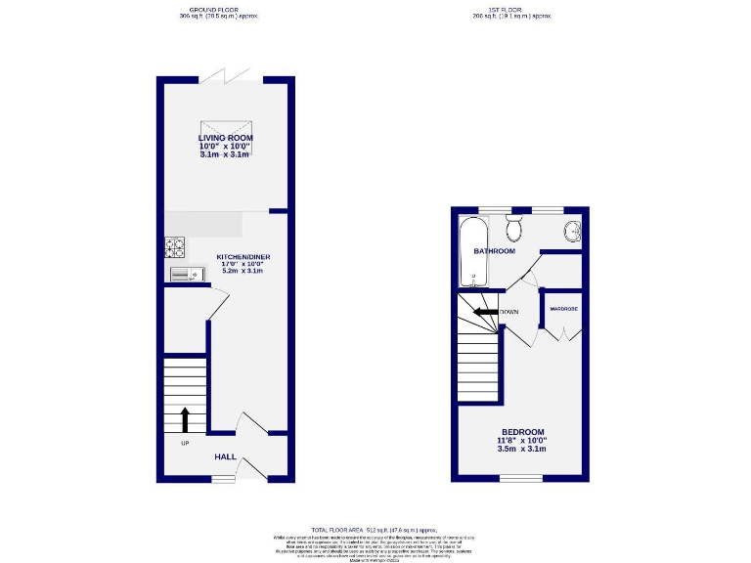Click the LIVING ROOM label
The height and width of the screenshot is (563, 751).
225,138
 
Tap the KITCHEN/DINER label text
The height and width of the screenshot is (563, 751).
243,257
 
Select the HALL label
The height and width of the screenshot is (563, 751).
225,455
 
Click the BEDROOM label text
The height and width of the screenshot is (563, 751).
523,432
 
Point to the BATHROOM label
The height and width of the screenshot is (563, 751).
494,251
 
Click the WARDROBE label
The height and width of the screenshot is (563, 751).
563,309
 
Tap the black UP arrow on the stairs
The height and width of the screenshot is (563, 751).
185,419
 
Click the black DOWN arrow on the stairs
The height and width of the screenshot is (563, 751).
485,313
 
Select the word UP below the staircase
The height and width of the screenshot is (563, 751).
184,443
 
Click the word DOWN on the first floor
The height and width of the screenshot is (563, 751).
509,313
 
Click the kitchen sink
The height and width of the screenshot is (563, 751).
184,275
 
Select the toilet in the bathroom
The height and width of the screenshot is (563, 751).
513,229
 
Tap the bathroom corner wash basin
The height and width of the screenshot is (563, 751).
572,231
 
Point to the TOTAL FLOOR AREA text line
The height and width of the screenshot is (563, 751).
375,527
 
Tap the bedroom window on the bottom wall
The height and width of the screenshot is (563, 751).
520,478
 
